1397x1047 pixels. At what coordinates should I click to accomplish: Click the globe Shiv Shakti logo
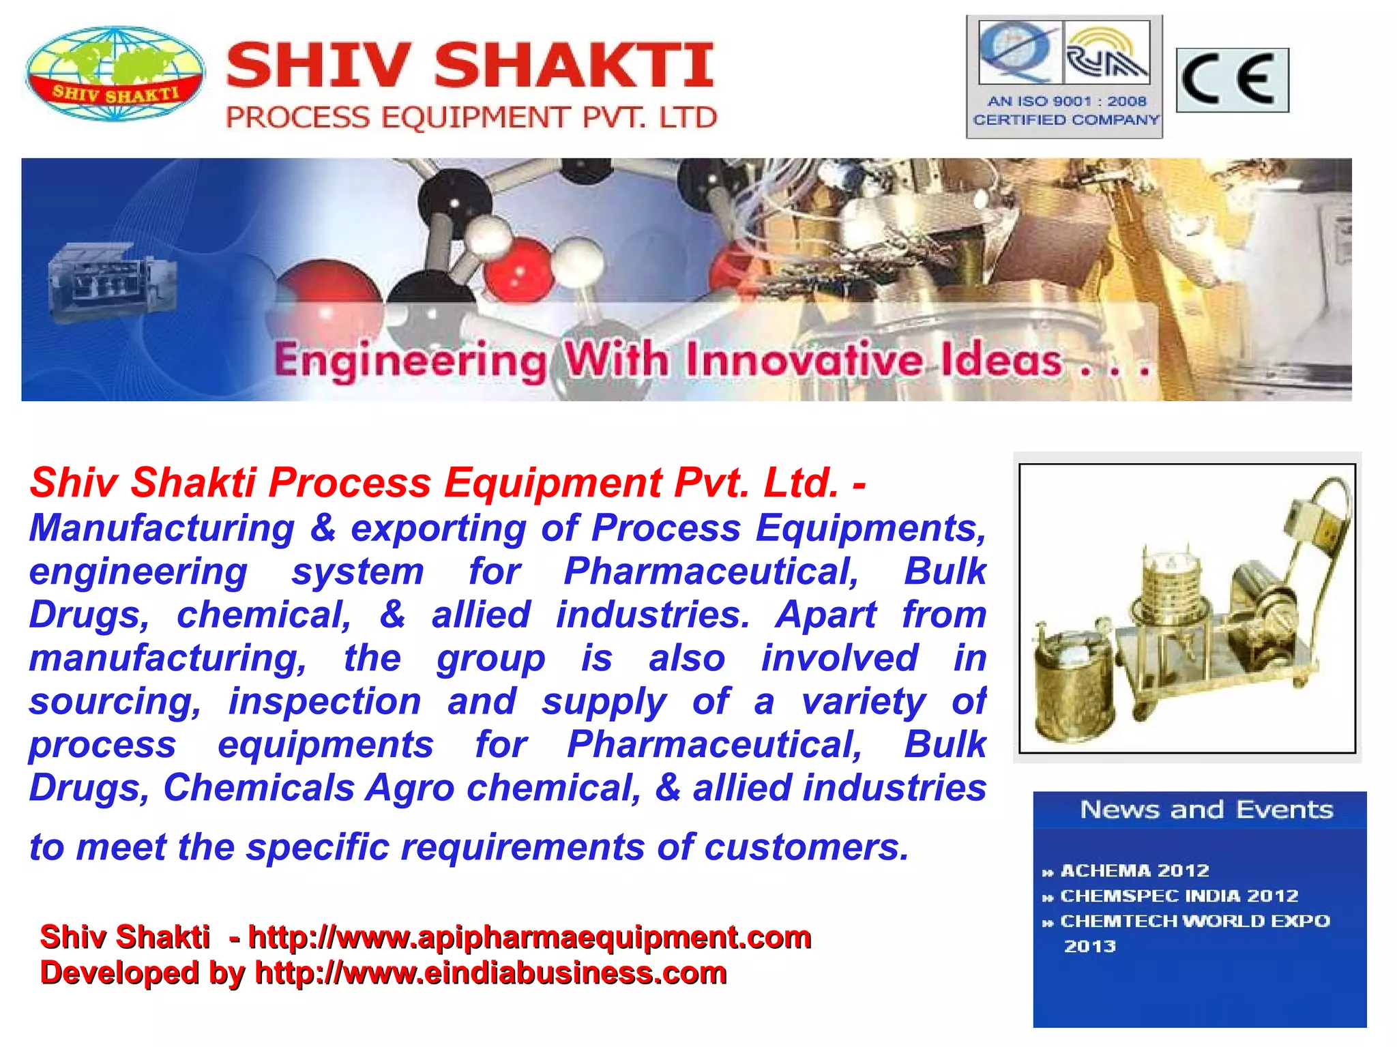tap(115, 74)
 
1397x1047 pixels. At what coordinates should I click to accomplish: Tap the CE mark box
tap(1232, 80)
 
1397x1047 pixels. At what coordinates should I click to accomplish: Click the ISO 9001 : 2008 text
tap(1067, 102)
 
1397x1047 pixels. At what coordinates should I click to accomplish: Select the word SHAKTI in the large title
tap(574, 65)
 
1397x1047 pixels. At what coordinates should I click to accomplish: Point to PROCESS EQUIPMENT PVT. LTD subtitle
tap(471, 118)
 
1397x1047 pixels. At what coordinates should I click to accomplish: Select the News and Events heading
tap(1206, 810)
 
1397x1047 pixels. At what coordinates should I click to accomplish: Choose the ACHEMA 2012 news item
tap(1134, 870)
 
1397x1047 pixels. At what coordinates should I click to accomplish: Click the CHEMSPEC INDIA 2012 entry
tap(1179, 896)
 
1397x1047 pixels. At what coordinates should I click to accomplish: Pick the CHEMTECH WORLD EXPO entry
tap(1194, 921)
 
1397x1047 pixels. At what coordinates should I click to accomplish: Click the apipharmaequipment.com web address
tap(529, 937)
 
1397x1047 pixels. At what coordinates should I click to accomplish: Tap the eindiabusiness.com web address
tap(490, 973)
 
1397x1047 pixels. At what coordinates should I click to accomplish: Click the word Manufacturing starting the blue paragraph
tap(162, 528)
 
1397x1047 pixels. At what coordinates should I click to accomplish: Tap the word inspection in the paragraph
tap(325, 701)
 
